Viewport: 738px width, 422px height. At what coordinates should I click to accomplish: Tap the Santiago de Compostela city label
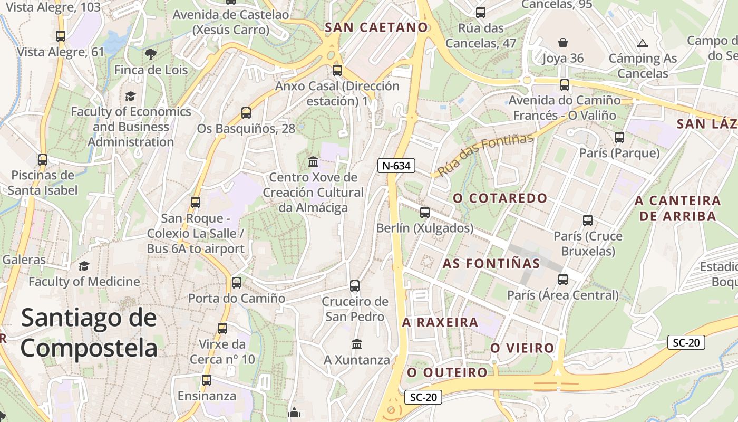coord(89,333)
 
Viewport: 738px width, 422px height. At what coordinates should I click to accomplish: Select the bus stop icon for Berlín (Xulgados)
coord(424,213)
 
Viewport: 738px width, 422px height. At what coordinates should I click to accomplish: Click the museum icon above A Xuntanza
coord(357,344)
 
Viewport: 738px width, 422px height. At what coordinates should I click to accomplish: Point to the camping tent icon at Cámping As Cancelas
coord(642,43)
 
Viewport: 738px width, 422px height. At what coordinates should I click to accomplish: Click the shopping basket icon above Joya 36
coord(563,43)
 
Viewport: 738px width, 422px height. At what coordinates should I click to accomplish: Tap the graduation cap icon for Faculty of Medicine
coord(84,266)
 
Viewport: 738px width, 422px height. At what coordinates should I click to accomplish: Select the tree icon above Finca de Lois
coord(151,53)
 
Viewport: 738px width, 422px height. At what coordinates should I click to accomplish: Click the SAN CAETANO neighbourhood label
coord(376,28)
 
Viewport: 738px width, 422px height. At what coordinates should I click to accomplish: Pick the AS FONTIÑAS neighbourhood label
coord(491,263)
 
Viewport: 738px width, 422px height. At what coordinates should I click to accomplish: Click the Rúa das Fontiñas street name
coord(485,155)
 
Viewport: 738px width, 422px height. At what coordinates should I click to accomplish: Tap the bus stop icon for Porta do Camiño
coord(237,283)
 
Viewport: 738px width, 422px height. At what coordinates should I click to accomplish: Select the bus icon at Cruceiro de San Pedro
coord(355,286)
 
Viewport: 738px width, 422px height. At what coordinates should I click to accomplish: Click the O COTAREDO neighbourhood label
coord(500,198)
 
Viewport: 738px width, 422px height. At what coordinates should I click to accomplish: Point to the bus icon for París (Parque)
coord(619,138)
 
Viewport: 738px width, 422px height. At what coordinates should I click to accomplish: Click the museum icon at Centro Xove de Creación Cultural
coord(313,161)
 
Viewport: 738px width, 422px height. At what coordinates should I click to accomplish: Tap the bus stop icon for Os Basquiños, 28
coord(246,112)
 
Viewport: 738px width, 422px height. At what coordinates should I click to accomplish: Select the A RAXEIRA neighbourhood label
coord(440,322)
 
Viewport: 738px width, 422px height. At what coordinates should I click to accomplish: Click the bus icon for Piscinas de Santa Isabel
coord(43,159)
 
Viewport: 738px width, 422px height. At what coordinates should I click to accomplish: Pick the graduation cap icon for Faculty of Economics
coord(130,96)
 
